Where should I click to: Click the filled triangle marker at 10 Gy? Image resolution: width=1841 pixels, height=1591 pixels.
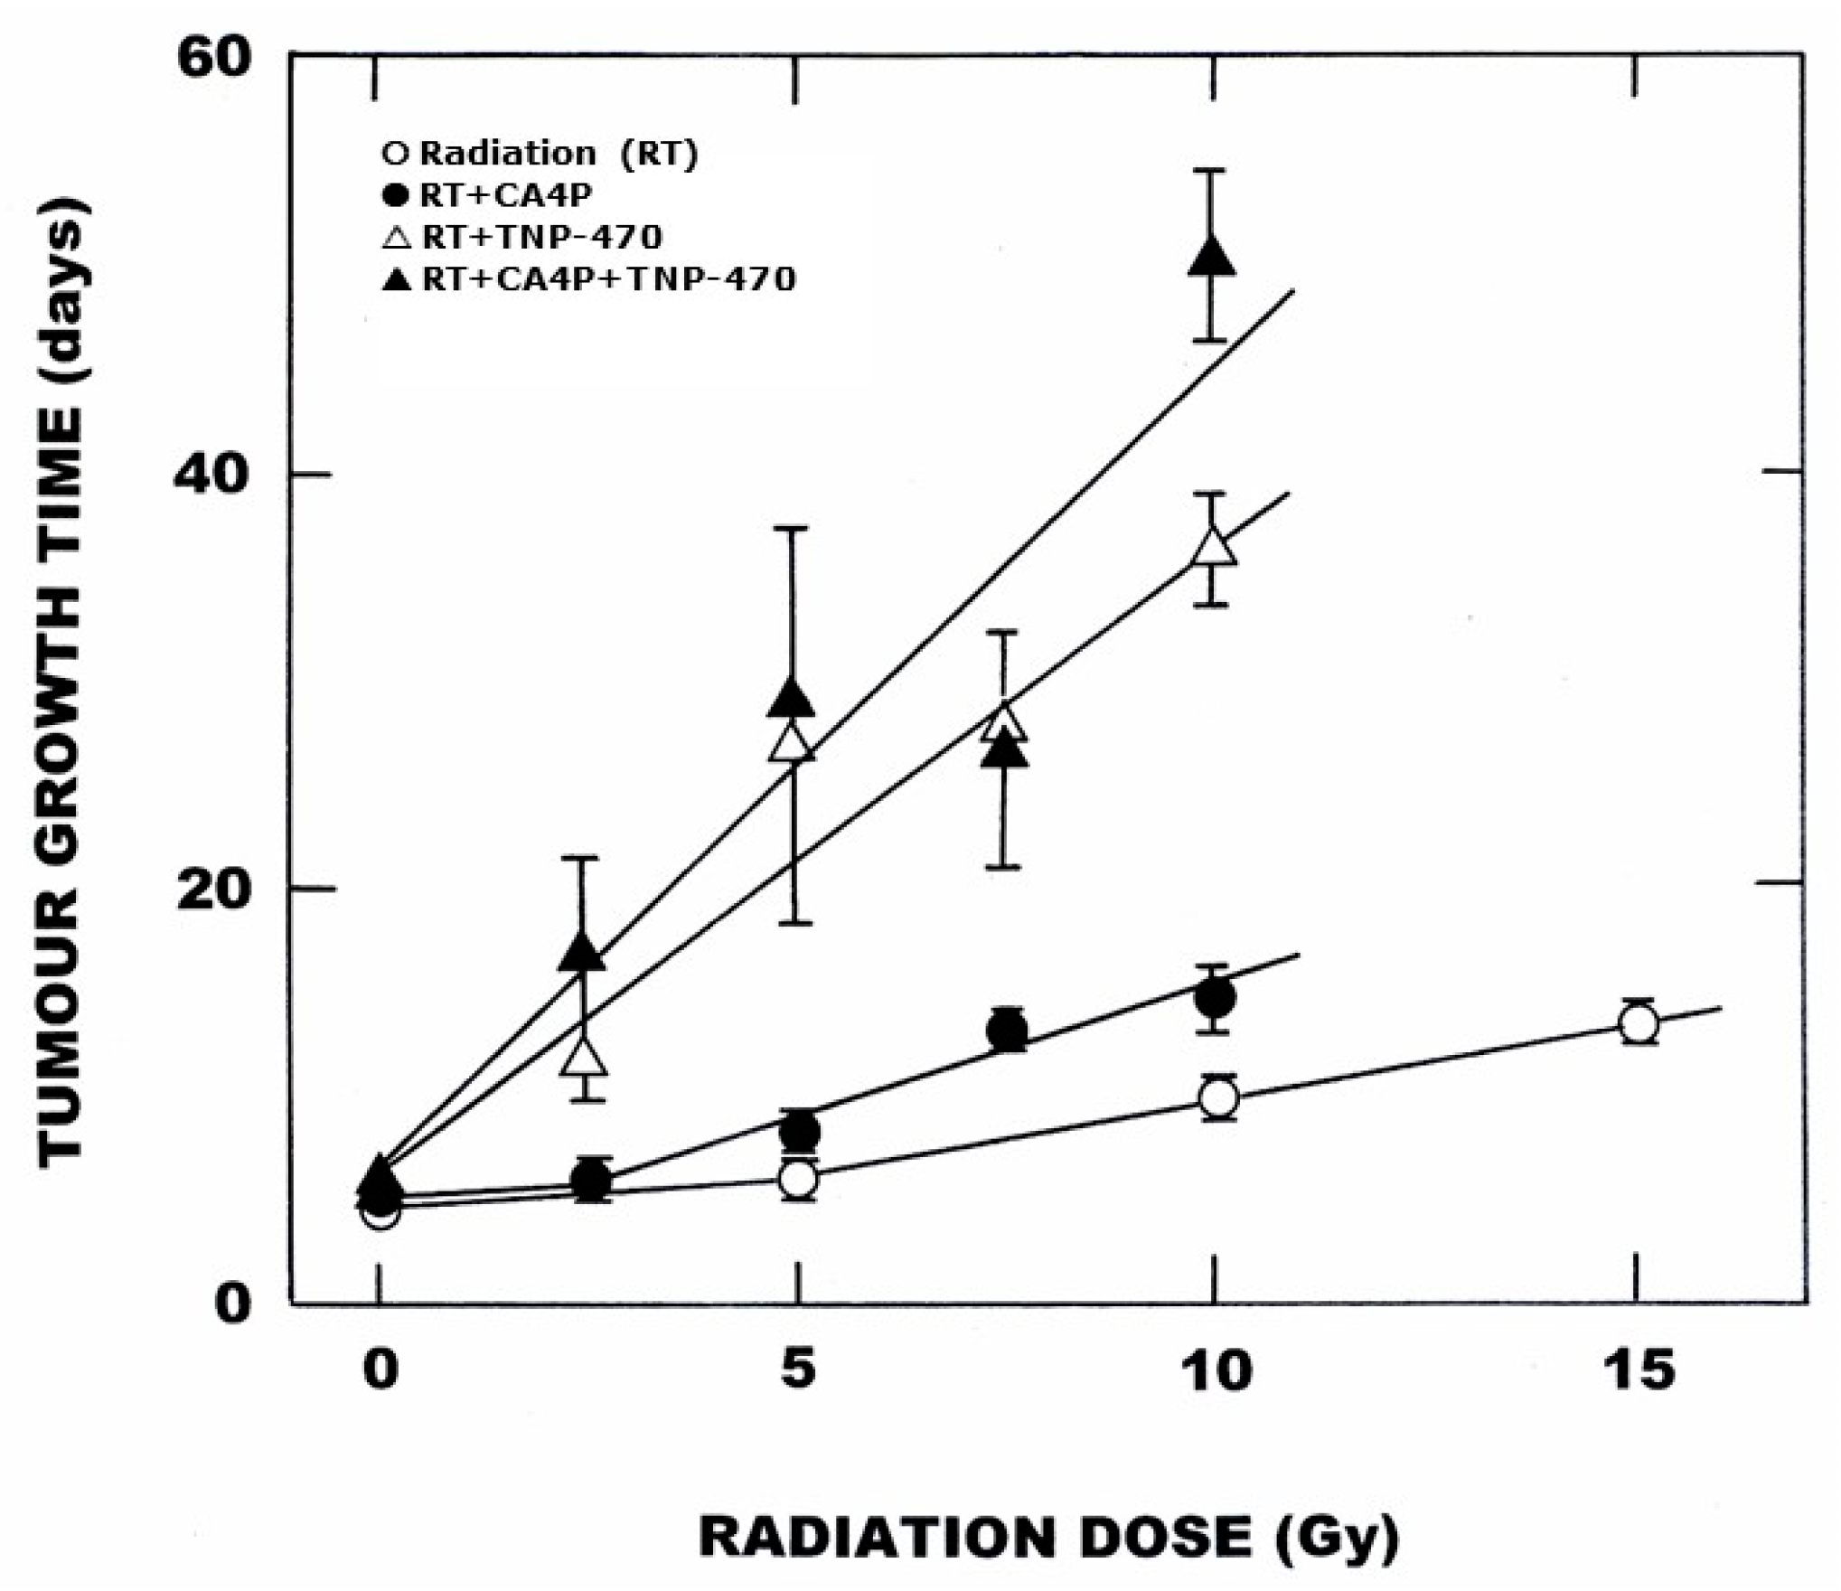click(x=1210, y=256)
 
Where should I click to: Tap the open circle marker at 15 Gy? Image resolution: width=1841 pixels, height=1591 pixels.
click(x=1638, y=1024)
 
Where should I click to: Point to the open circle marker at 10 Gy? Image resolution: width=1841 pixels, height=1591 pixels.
click(x=1218, y=1098)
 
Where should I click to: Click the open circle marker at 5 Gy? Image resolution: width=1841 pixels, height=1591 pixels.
click(x=798, y=1178)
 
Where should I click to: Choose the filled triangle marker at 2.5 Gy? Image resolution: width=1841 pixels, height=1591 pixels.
click(x=582, y=952)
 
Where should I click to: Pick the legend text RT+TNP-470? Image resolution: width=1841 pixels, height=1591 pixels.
click(x=541, y=237)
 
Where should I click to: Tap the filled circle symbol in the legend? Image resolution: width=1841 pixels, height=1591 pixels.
click(x=396, y=194)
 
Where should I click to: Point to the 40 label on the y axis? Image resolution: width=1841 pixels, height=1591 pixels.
click(x=211, y=473)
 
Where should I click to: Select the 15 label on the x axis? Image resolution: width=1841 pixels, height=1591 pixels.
click(x=1638, y=1369)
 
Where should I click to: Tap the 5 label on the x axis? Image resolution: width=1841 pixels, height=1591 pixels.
click(x=797, y=1369)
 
